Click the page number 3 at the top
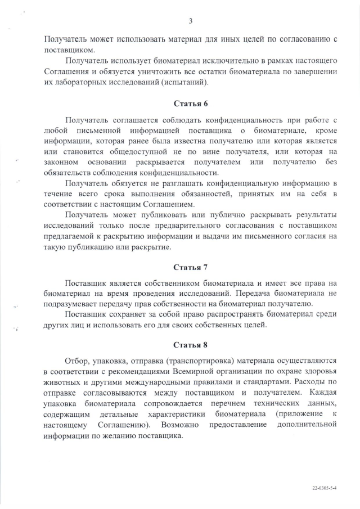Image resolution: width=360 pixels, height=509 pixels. (190, 21)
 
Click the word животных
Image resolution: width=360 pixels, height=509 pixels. (61, 381)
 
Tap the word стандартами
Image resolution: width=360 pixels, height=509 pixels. (272, 381)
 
